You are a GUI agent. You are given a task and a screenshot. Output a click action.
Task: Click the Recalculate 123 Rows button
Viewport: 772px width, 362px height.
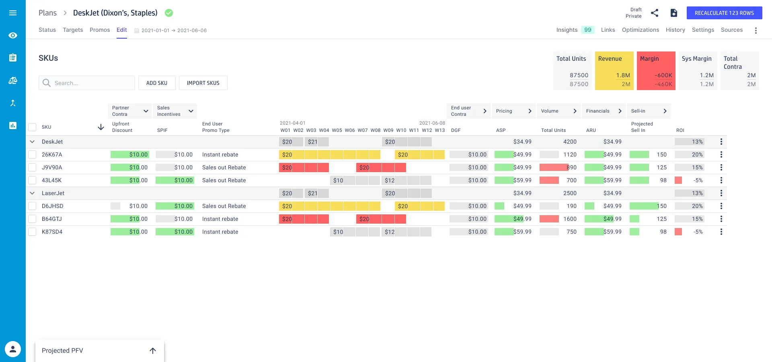(x=724, y=13)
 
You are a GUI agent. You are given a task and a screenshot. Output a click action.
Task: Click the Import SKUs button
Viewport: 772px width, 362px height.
(x=203, y=83)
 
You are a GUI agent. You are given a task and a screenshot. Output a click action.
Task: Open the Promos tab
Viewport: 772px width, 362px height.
(x=100, y=30)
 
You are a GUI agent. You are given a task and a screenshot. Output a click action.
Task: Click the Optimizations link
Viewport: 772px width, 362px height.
(x=640, y=30)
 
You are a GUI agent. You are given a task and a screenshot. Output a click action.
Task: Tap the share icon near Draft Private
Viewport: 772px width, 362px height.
(x=655, y=13)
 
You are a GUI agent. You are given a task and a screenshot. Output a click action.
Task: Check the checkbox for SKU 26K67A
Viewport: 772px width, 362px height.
(x=32, y=154)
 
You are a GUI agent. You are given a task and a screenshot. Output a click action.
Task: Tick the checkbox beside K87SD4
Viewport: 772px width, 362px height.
(x=32, y=232)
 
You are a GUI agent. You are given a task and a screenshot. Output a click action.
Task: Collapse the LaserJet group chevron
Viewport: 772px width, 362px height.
(x=32, y=193)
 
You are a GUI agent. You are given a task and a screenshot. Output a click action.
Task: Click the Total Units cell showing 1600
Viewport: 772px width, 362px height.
(x=569, y=219)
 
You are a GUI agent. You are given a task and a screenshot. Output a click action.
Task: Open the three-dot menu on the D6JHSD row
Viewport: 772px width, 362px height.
(x=721, y=206)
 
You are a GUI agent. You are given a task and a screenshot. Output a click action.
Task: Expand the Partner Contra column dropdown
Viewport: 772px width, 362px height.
(x=146, y=111)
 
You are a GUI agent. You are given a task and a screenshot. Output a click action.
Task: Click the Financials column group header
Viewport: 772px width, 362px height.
(x=603, y=111)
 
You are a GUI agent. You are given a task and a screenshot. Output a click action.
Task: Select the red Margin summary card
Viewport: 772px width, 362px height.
(x=655, y=71)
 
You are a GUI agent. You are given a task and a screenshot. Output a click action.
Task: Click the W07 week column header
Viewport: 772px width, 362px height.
(x=363, y=130)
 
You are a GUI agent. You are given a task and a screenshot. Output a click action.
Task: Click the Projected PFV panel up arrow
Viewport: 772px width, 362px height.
(x=153, y=351)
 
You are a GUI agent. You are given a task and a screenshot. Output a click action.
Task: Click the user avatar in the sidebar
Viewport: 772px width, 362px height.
(x=13, y=349)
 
